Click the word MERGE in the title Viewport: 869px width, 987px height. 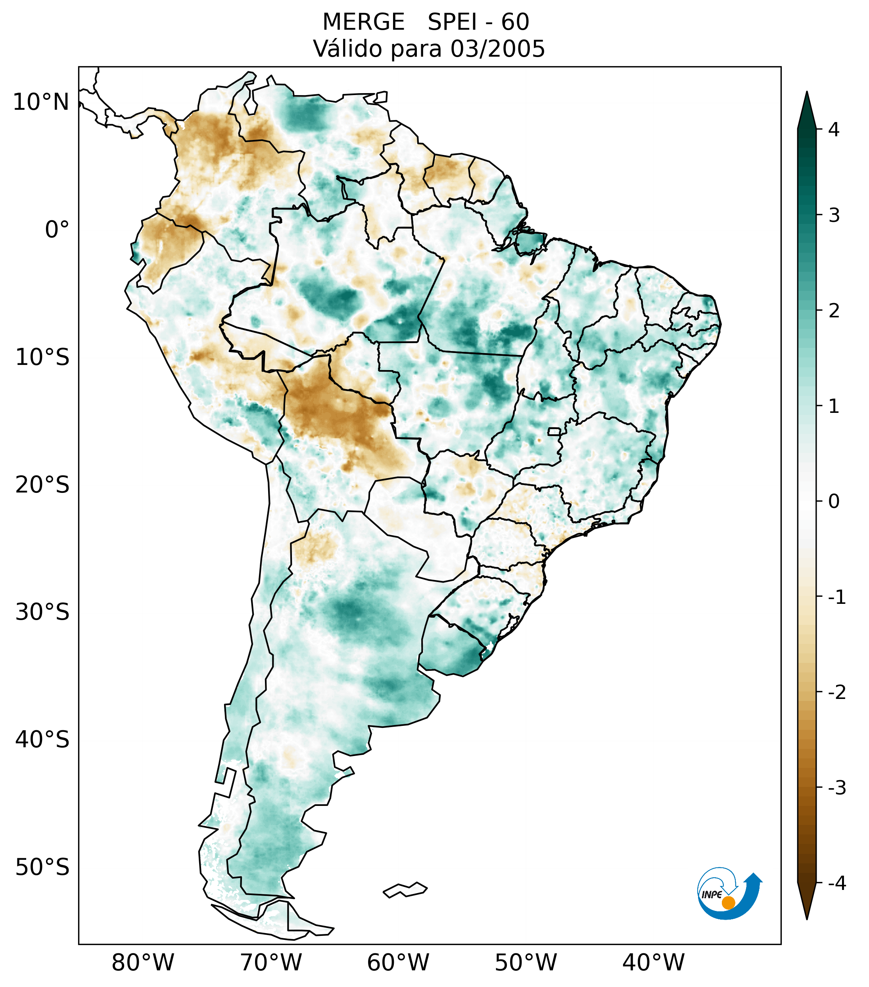[363, 22]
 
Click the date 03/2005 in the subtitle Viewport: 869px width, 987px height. [498, 49]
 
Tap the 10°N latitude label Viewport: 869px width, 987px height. [41, 102]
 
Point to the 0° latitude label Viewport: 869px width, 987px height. [57, 230]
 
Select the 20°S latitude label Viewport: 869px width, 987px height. [42, 485]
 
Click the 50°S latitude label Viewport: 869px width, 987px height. [42, 868]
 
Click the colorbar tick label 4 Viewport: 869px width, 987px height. [833, 130]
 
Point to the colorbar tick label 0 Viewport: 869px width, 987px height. [834, 502]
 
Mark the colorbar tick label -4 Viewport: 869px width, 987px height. [836, 884]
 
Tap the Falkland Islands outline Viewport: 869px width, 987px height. [405, 890]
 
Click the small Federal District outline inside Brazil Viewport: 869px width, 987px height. [555, 431]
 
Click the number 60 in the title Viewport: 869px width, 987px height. [515, 22]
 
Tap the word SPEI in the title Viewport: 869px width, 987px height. [452, 22]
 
